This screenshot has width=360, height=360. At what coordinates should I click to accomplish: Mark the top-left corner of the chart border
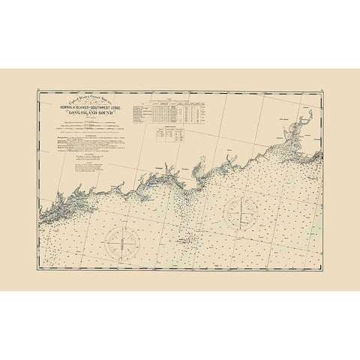pos(38,93)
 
